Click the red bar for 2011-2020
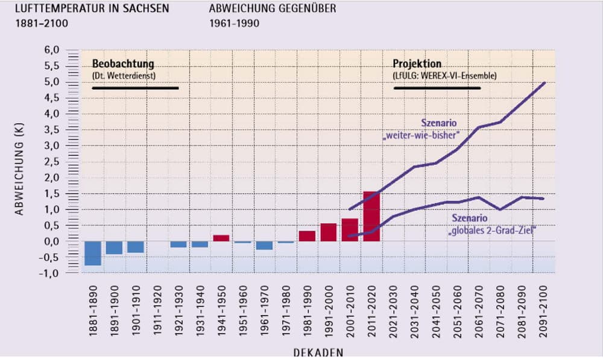coord(371,217)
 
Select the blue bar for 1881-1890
coord(93,253)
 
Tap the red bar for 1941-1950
coord(221,238)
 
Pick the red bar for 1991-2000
coord(329,232)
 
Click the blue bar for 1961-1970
coord(264,245)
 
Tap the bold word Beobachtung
coord(123,63)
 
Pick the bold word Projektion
coord(417,63)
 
